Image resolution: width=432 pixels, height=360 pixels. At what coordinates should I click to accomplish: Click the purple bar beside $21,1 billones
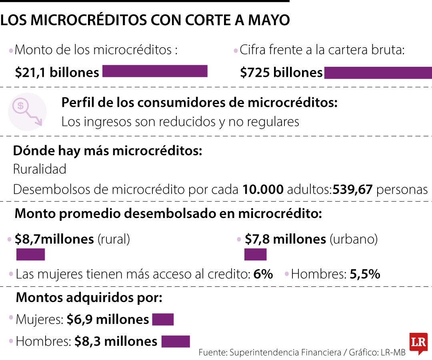(x=155, y=71)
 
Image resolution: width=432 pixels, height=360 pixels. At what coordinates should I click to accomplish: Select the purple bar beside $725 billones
(x=378, y=73)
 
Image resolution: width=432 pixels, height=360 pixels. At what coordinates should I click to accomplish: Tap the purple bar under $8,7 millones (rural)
(x=30, y=254)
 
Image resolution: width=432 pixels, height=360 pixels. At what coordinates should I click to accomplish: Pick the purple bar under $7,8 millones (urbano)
(x=255, y=254)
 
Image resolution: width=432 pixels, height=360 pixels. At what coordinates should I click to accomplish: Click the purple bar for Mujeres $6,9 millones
(x=163, y=320)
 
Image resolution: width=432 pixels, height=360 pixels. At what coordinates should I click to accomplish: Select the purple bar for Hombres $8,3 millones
(x=175, y=342)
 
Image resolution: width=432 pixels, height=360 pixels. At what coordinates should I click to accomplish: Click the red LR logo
(x=418, y=343)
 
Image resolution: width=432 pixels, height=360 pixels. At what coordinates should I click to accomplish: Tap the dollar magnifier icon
(x=27, y=112)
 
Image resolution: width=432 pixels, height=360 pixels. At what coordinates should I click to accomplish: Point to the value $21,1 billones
(x=57, y=72)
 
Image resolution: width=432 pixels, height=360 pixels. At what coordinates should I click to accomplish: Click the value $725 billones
(x=281, y=72)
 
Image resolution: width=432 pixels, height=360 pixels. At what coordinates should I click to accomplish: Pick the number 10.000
(x=262, y=189)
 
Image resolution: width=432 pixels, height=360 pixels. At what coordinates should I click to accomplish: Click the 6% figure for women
(x=263, y=274)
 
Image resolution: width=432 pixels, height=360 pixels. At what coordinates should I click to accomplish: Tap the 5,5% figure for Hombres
(x=365, y=274)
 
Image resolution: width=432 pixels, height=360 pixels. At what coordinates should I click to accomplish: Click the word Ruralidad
(x=40, y=169)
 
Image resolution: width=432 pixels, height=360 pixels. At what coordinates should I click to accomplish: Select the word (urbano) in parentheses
(x=354, y=239)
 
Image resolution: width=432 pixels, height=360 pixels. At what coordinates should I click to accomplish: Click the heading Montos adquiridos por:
(x=89, y=298)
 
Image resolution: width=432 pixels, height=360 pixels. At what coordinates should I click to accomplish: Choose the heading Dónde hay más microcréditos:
(x=108, y=151)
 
